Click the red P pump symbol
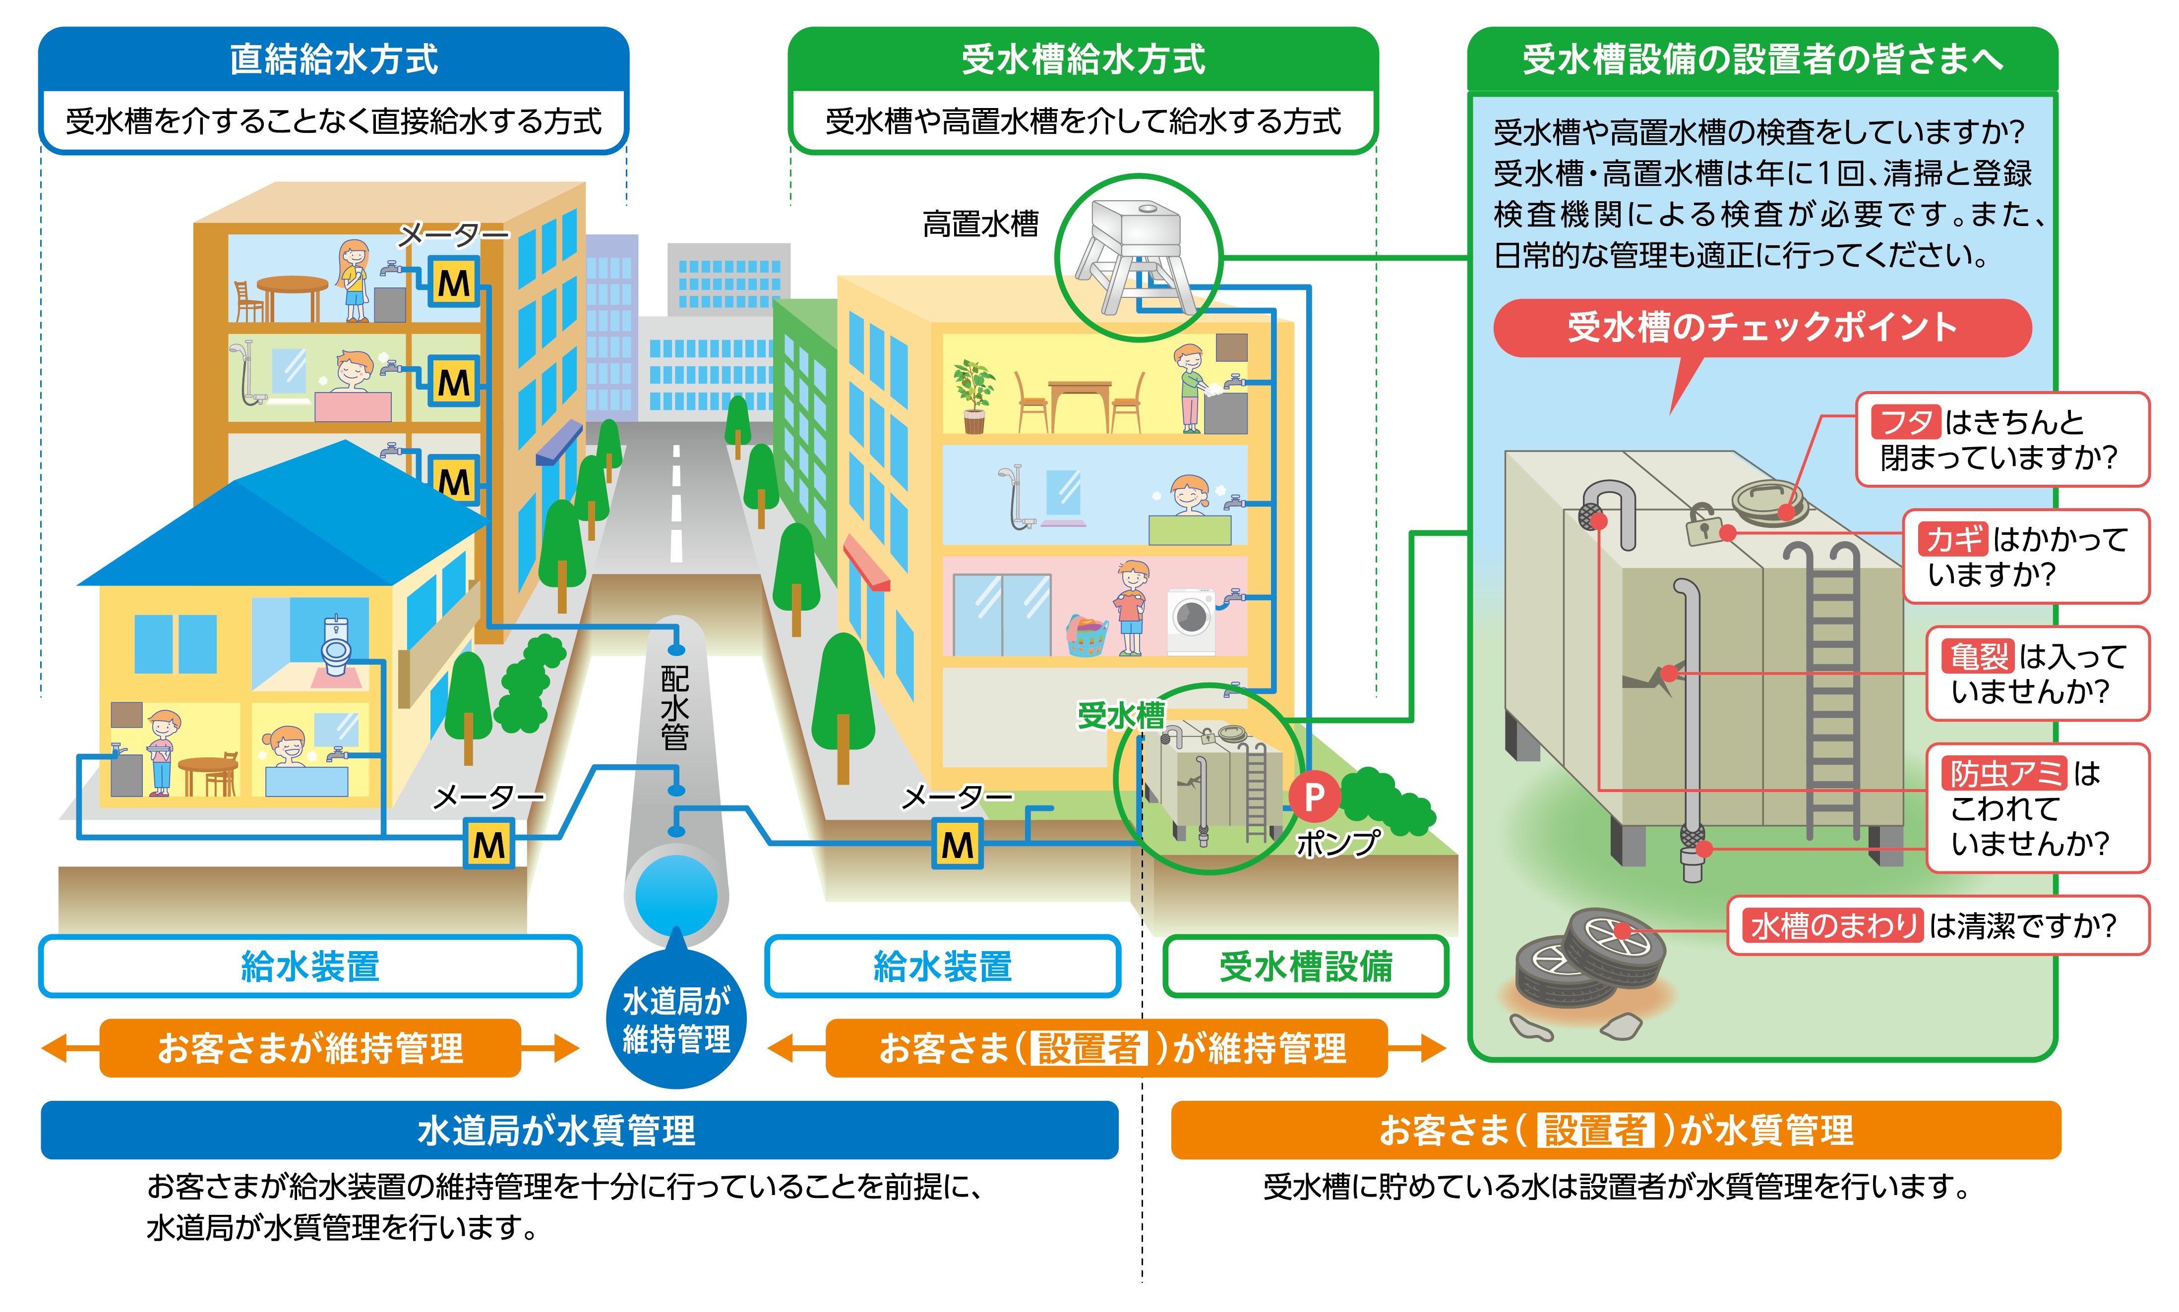tap(1314, 797)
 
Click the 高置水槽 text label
tap(980, 224)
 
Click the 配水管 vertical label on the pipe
tap(675, 707)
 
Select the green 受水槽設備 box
tap(1305, 967)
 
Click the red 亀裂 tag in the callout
tap(1979, 657)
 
